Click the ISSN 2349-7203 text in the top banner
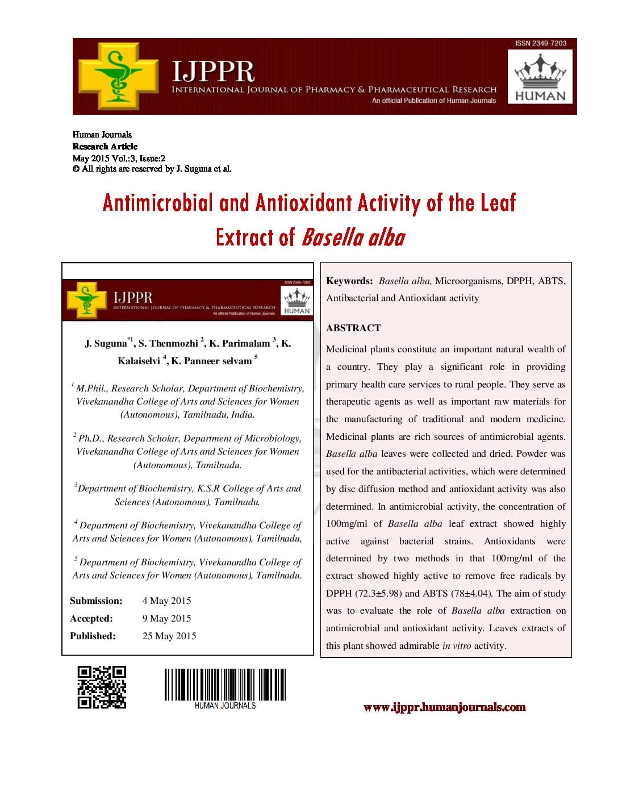[x=540, y=43]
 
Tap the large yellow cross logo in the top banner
[x=118, y=76]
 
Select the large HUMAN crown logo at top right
[x=540, y=77]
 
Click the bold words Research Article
[x=105, y=147]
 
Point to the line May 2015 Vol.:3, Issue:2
[x=119, y=158]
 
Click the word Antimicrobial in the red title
[x=158, y=203]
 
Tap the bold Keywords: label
[x=349, y=281]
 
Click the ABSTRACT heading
[x=353, y=328]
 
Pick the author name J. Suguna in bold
[x=106, y=343]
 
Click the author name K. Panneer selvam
[x=211, y=361]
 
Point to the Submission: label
[x=96, y=601]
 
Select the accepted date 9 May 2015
[x=166, y=618]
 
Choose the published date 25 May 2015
[x=169, y=636]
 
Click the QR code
[x=102, y=687]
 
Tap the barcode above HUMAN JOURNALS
[x=225, y=684]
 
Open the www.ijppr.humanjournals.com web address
[x=444, y=707]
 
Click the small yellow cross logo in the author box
[x=86, y=299]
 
